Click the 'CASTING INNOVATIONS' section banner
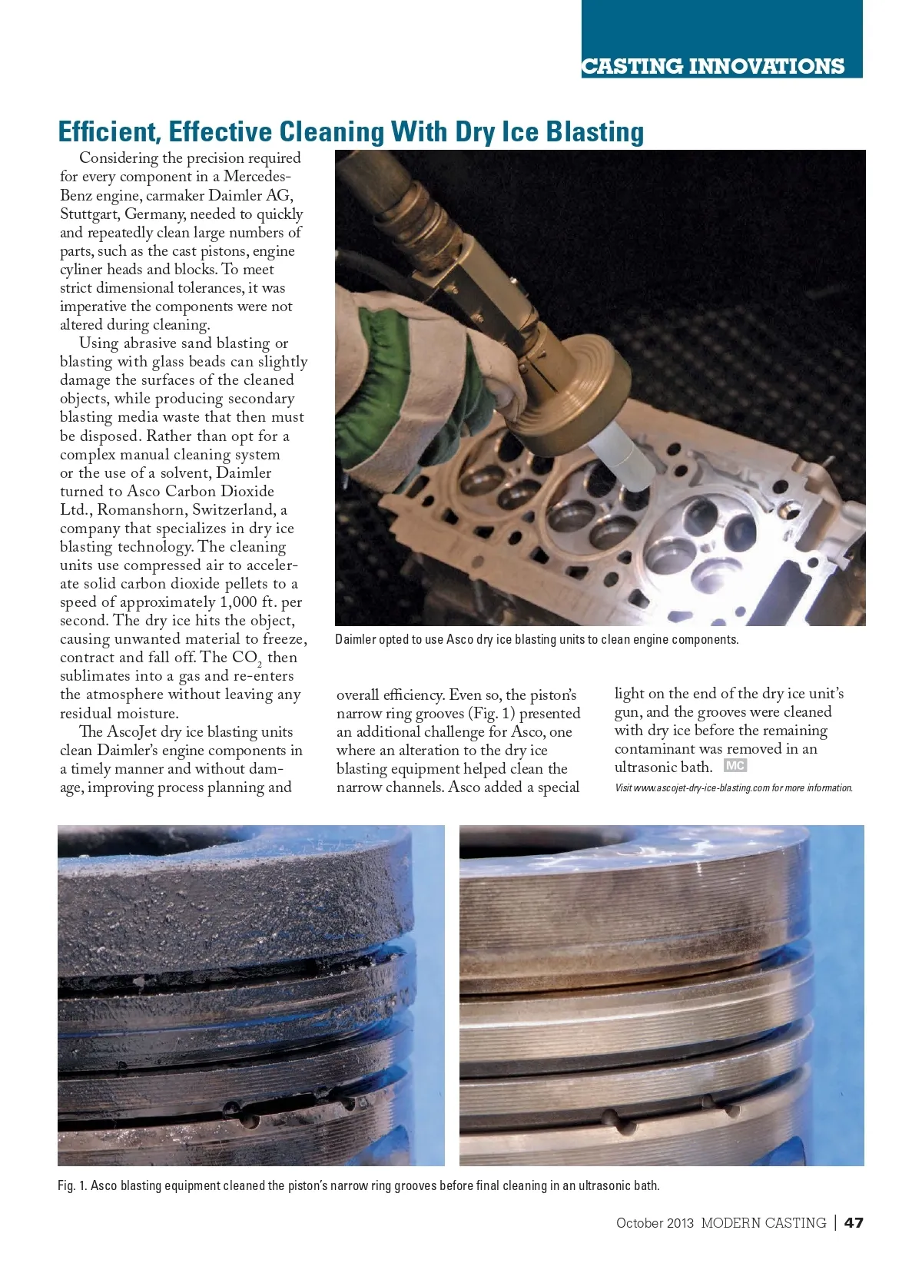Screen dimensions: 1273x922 click(713, 66)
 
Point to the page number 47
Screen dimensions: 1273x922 click(854, 1222)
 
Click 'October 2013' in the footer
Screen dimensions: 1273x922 click(655, 1223)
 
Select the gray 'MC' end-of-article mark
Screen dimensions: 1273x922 click(735, 766)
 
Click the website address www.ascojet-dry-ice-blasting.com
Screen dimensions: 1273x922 click(702, 788)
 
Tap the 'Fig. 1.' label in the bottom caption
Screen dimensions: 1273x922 click(72, 1185)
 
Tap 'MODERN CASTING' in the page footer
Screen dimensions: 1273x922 click(763, 1223)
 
